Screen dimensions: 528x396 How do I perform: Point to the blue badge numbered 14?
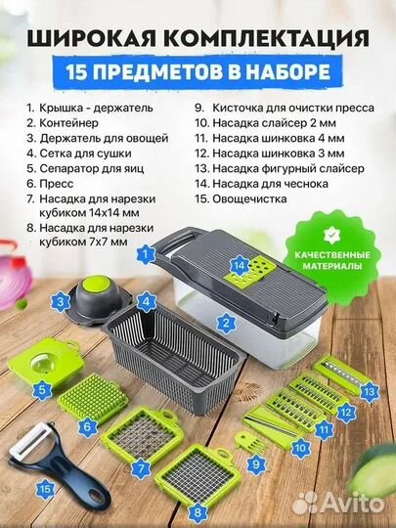pos(239,262)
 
